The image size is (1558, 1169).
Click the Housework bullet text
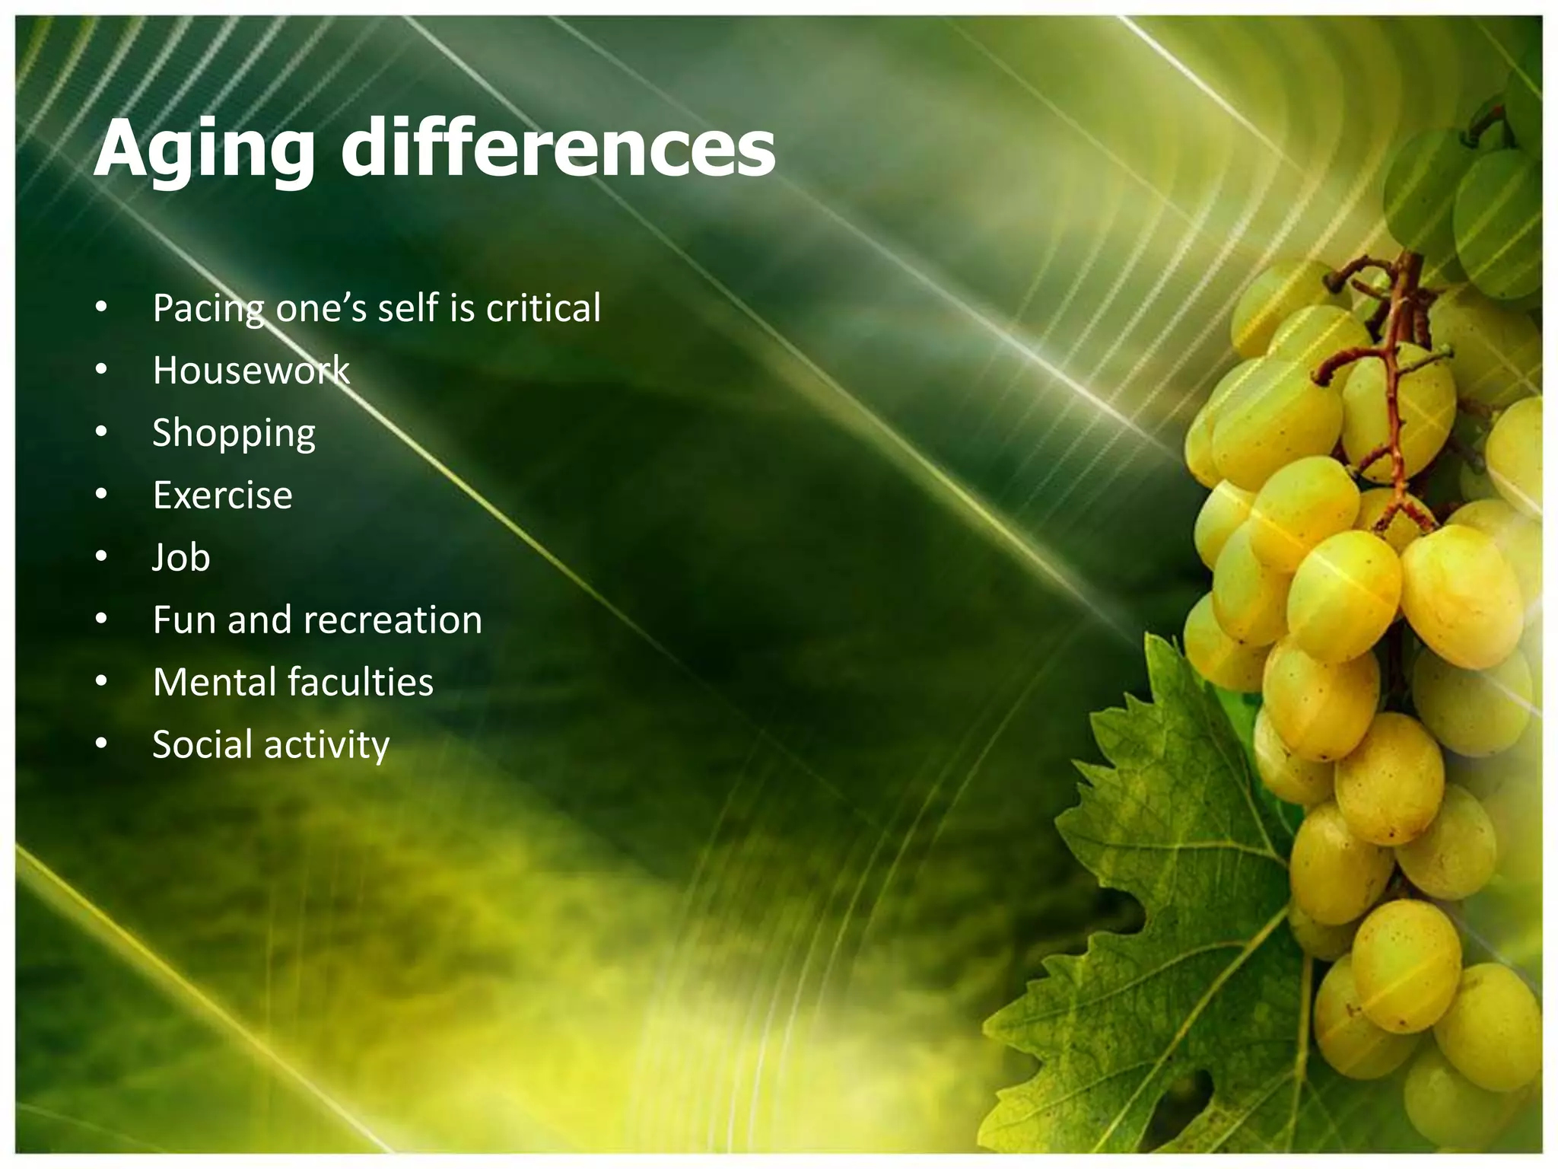[x=251, y=371]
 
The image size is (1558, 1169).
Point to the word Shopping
[x=234, y=434]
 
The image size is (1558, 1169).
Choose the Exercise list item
[x=222, y=495]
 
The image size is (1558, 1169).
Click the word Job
[x=181, y=558]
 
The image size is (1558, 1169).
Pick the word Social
[x=201, y=745]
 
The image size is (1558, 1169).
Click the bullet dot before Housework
[x=102, y=371]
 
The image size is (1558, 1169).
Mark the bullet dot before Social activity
[x=102, y=745]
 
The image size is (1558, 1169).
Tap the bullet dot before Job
[x=102, y=558]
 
